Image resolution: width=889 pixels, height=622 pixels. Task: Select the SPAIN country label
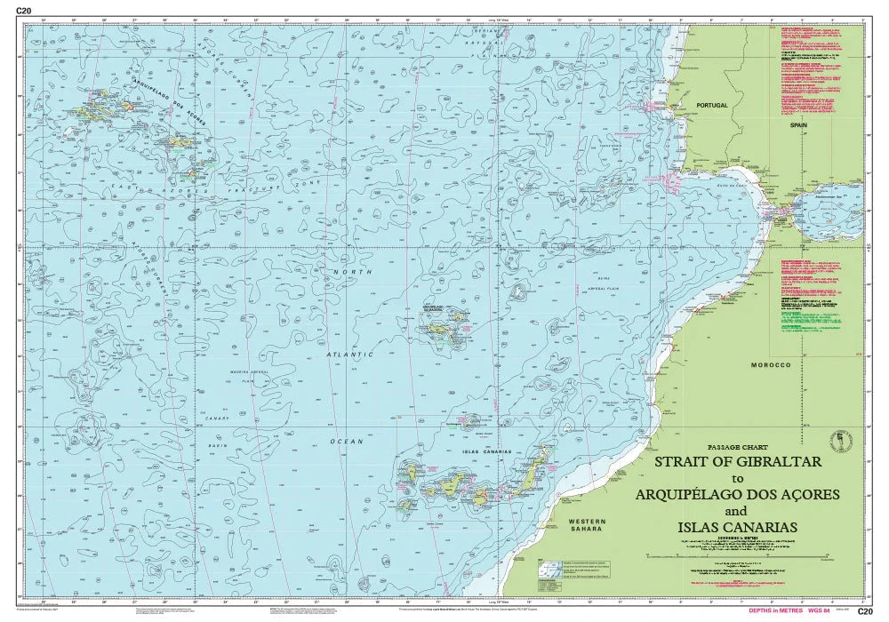click(x=797, y=126)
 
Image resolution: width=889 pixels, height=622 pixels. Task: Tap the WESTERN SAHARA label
click(x=587, y=524)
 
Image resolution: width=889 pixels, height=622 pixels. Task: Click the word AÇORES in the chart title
click(x=807, y=494)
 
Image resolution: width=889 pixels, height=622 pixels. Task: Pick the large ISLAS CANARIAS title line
click(x=735, y=527)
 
